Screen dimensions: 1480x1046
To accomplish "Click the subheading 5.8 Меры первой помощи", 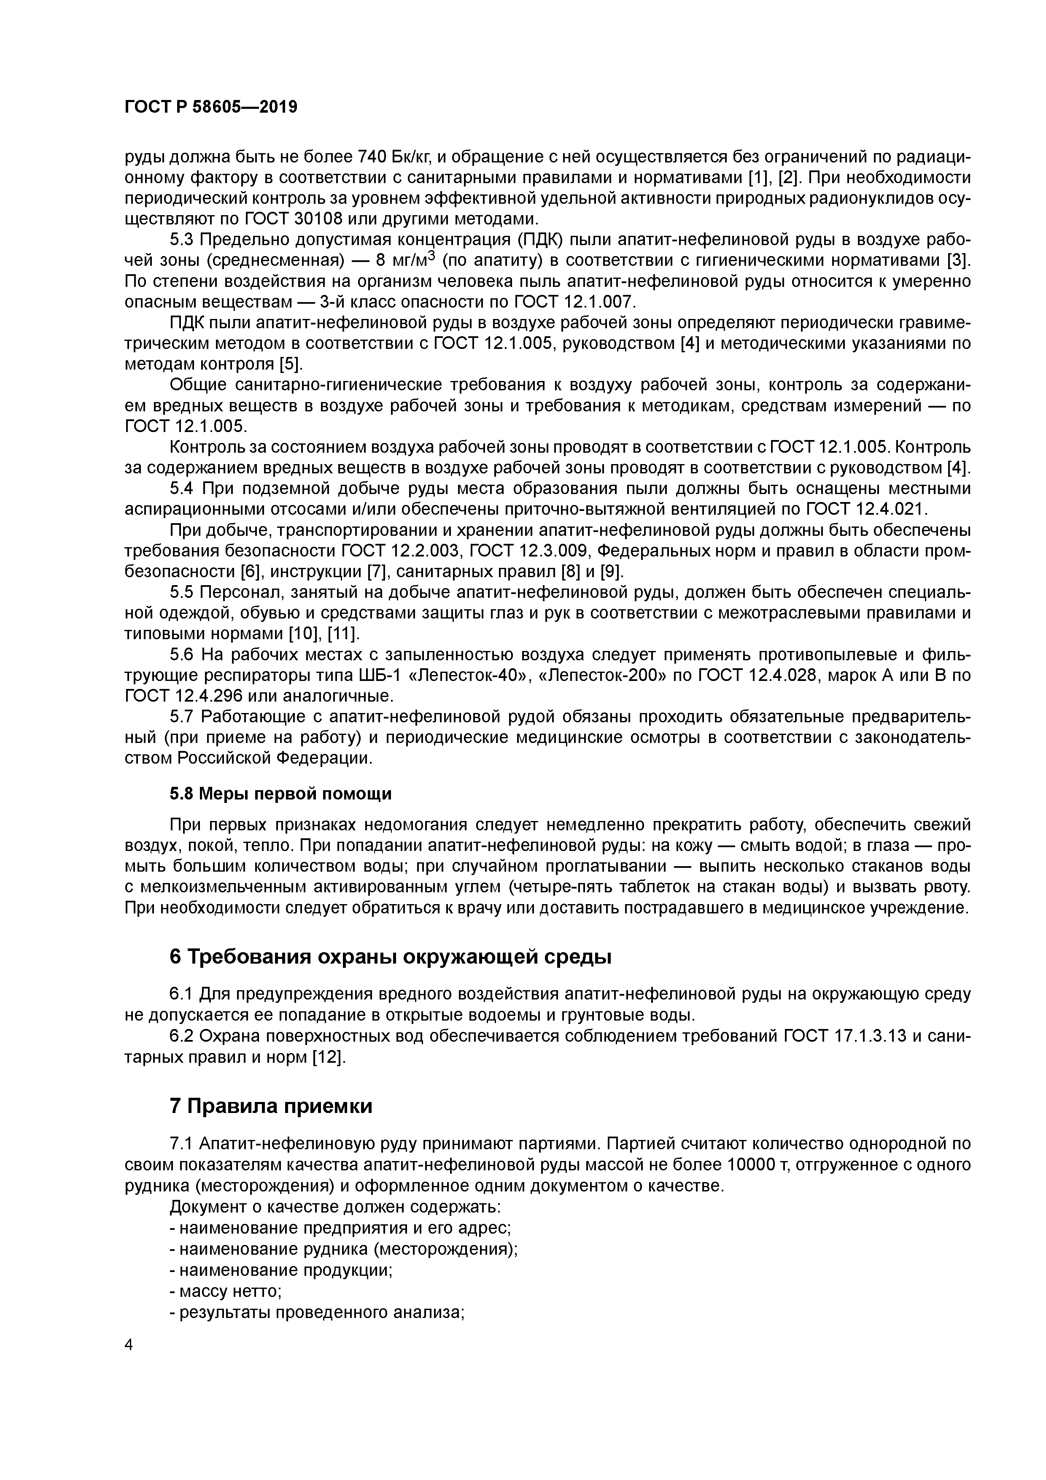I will (x=280, y=794).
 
